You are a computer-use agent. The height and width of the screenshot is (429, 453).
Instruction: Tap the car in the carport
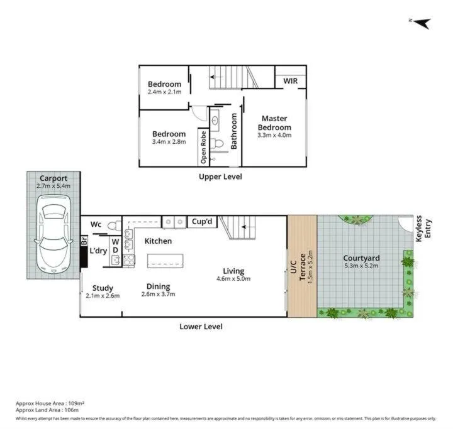[53, 234]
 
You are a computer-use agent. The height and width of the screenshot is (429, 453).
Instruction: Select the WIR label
[290, 81]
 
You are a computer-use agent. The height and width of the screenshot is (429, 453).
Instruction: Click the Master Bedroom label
[274, 123]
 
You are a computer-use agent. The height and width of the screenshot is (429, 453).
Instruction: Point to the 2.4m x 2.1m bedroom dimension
[165, 92]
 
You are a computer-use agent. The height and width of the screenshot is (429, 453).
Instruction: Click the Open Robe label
[203, 147]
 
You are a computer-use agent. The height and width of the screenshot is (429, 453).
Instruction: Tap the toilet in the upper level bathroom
[216, 143]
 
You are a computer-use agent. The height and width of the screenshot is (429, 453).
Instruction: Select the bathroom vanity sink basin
[215, 120]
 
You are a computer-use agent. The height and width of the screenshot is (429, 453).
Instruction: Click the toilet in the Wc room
[115, 225]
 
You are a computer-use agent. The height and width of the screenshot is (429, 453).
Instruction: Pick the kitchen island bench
[165, 261]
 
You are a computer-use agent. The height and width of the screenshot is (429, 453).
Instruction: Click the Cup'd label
[202, 222]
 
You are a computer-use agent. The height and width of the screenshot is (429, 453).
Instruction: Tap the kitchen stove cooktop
[129, 260]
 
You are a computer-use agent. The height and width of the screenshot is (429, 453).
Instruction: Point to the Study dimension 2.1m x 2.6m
[103, 296]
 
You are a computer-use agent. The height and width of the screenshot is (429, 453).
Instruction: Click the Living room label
[233, 271]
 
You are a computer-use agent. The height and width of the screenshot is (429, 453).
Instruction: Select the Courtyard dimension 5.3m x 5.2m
[361, 266]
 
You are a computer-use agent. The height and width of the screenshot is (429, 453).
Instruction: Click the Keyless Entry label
[423, 229]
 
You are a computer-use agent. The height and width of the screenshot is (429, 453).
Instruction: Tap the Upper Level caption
[220, 176]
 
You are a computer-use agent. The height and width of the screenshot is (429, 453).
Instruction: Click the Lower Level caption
[201, 327]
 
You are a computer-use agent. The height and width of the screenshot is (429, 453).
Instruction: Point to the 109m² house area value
[76, 403]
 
